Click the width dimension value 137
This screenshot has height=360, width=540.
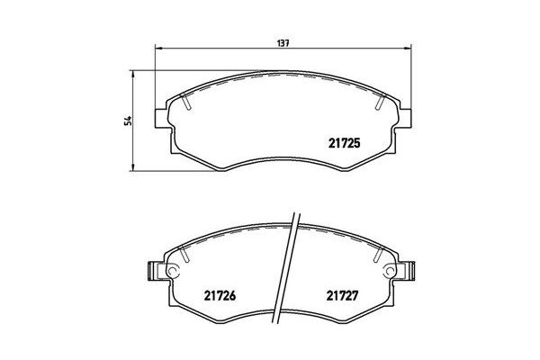coord(284,40)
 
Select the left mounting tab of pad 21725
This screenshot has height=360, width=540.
coord(162,118)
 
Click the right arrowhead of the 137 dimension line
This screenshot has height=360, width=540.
coord(411,48)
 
